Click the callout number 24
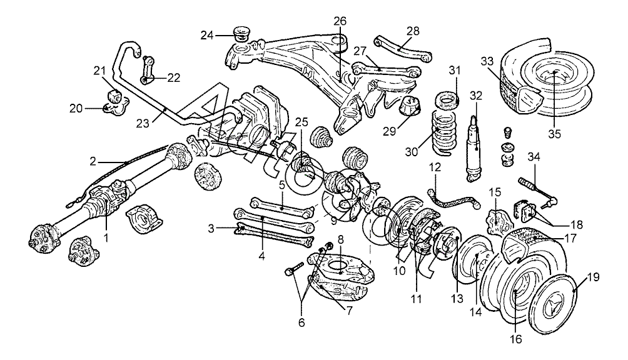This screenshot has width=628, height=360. tap(207, 36)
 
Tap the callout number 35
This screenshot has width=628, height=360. tap(555, 134)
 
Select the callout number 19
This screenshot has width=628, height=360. tap(594, 277)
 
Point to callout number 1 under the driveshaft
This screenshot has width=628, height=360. tap(106, 238)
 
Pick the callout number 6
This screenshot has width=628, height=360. tap(301, 322)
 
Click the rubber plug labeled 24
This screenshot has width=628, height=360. tap(240, 34)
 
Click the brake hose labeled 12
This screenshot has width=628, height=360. tap(453, 198)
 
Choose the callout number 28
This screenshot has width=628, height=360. tap(413, 31)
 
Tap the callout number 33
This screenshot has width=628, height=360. tap(487, 61)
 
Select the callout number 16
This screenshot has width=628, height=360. tap(516, 339)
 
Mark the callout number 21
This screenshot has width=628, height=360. tap(99, 71)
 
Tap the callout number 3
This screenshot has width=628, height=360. tap(211, 229)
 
